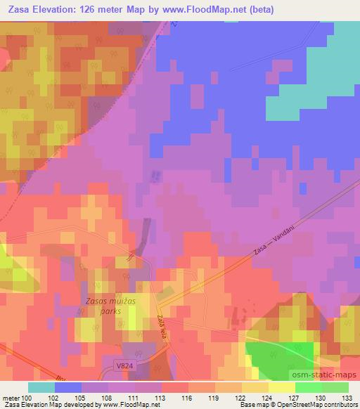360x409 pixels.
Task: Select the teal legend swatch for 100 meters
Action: [x=41, y=387]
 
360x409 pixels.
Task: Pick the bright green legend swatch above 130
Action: [x=308, y=387]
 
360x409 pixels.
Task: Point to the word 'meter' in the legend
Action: [x=12, y=398]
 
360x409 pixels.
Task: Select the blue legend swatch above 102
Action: [x=68, y=387]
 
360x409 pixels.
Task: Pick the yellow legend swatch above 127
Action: [x=281, y=387]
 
